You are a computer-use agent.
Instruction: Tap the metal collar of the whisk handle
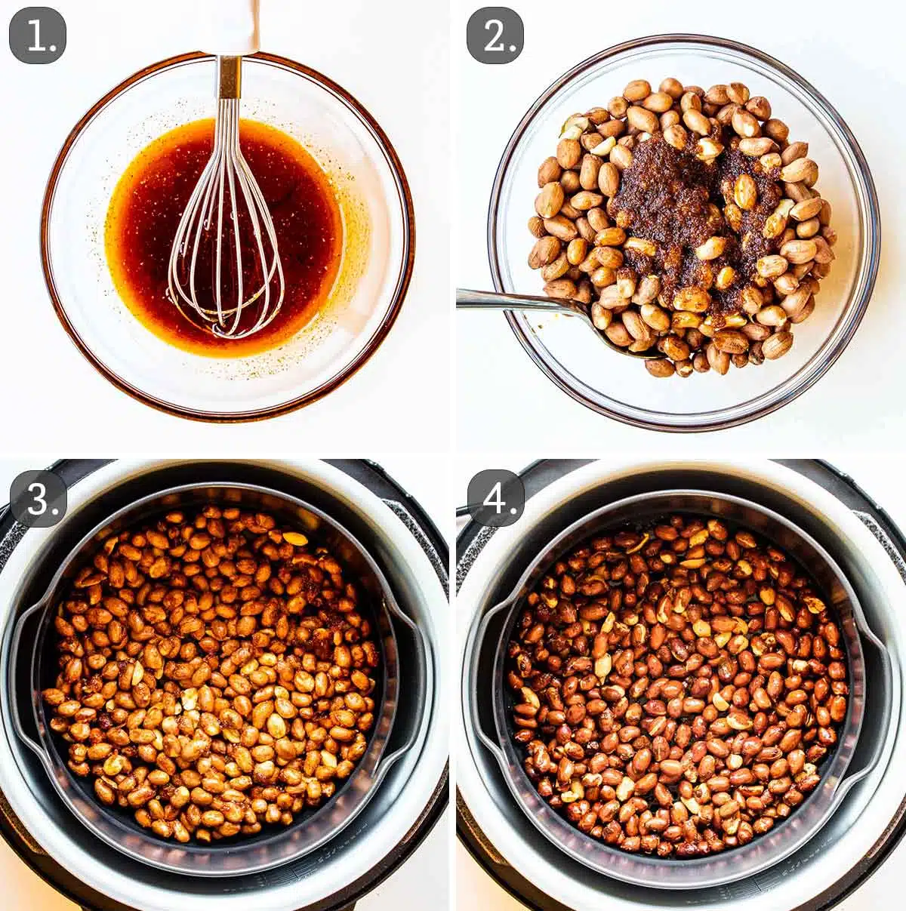229,75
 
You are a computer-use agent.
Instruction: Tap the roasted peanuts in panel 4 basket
679,679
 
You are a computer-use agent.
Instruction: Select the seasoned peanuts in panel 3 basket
211,679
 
